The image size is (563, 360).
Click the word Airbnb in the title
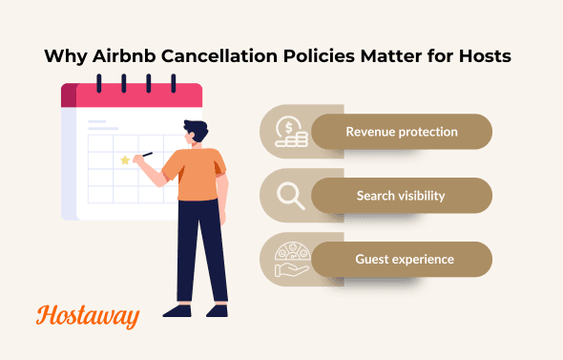pos(126,56)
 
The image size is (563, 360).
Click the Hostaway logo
pos(88,315)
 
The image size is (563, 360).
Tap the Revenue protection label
pos(402,132)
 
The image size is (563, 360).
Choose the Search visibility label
pos(402,196)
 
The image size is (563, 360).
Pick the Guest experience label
pos(402,259)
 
